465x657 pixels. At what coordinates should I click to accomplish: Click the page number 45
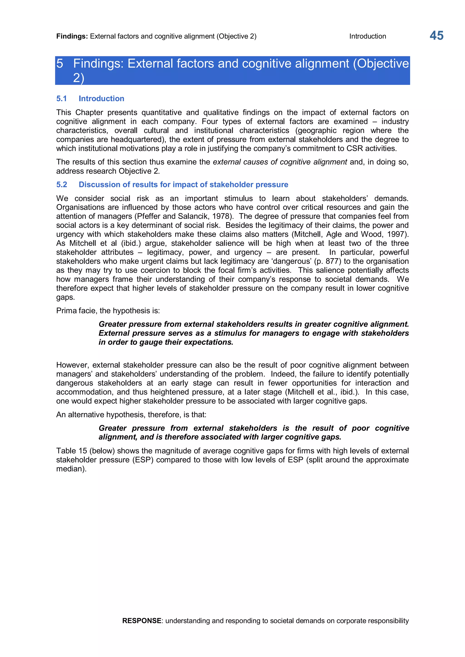(x=436, y=36)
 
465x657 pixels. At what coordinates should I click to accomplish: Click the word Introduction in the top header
(x=367, y=36)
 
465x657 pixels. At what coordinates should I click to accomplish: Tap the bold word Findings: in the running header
(x=72, y=36)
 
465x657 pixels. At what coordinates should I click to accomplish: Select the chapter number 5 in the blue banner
(x=59, y=64)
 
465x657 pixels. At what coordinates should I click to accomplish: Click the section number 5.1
(x=62, y=98)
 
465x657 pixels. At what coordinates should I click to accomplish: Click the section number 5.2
(x=62, y=185)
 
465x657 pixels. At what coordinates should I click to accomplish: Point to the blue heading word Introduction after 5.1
(x=101, y=98)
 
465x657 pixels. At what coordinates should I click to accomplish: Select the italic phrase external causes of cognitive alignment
(x=280, y=162)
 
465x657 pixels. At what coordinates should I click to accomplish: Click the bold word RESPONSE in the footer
(x=142, y=621)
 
